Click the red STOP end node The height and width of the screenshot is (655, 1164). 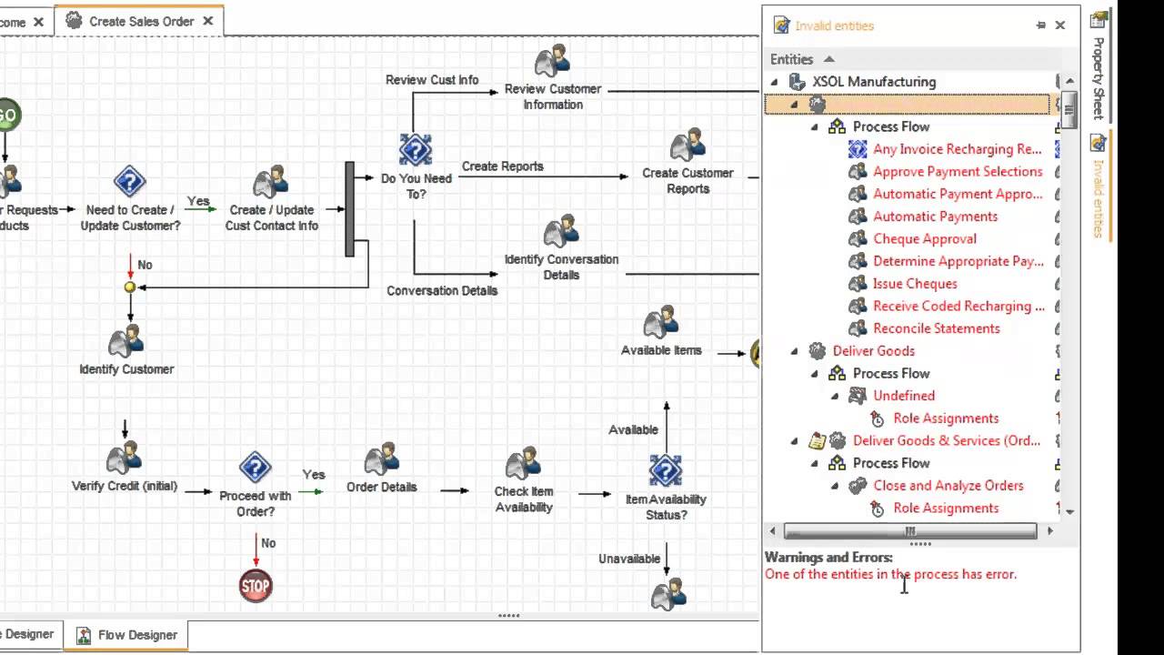tap(256, 586)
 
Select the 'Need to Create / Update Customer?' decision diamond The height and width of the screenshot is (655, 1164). tap(130, 182)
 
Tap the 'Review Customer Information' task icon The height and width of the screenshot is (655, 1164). tap(552, 62)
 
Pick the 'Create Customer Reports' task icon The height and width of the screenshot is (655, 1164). tap(687, 146)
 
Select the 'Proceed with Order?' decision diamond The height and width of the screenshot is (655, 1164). tap(256, 469)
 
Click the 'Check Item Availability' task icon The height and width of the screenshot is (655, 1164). tap(524, 464)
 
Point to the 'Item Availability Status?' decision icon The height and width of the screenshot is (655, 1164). tap(666, 471)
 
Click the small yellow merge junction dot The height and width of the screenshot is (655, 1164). tap(130, 287)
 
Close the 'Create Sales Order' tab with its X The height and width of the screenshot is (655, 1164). tap(208, 21)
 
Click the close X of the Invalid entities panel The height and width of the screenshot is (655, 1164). tap(1059, 25)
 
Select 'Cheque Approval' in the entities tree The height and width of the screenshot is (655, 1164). tap(924, 239)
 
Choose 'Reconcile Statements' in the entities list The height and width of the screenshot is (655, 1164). tap(936, 328)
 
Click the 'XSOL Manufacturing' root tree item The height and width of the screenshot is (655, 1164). tap(873, 82)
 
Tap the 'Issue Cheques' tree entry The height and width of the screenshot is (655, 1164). tap(914, 284)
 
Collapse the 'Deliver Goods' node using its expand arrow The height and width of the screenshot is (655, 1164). tap(794, 351)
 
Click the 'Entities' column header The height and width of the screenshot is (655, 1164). tap(791, 59)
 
